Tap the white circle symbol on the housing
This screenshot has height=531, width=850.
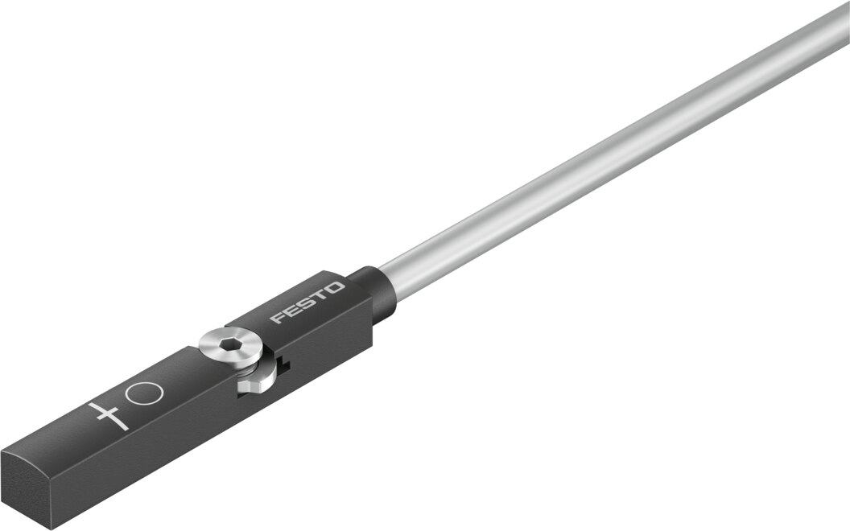pos(147,393)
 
